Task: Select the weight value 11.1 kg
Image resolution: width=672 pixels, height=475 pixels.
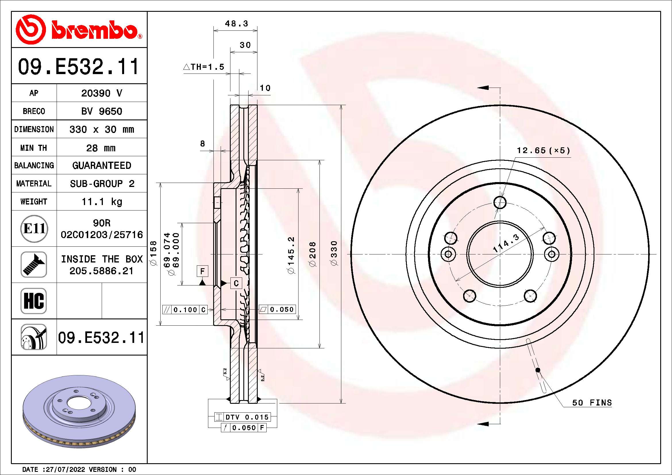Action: click(x=101, y=202)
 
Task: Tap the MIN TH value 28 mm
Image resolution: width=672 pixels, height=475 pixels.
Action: click(x=101, y=148)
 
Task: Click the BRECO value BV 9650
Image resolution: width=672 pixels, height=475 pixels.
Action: click(x=101, y=111)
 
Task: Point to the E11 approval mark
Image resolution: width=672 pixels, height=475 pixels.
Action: click(x=34, y=228)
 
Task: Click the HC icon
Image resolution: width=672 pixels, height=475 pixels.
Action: click(x=34, y=301)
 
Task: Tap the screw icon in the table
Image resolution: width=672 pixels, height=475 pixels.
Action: click(x=34, y=264)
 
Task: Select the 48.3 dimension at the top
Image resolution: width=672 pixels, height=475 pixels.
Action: click(x=236, y=23)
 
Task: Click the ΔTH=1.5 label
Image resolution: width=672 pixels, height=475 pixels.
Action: click(x=204, y=67)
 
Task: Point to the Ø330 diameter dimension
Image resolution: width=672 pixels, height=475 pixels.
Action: click(x=334, y=253)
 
